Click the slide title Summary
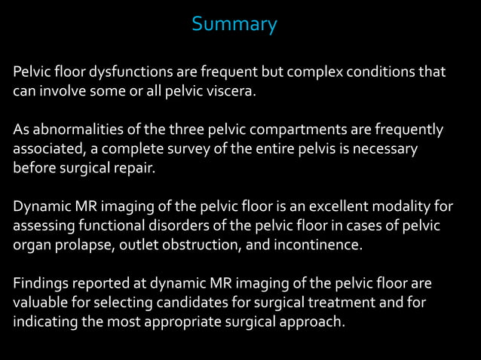tap(234, 25)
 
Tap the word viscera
tap(231, 91)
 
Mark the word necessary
tap(385, 149)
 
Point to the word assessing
tap(41, 226)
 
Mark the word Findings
tap(39, 284)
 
